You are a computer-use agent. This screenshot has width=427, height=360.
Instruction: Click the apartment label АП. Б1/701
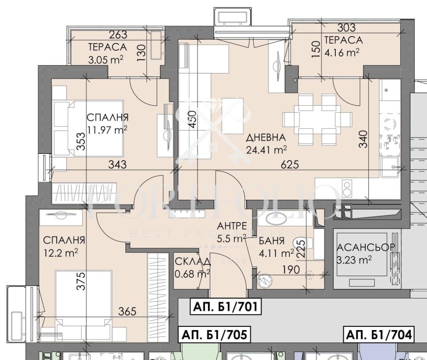[225, 307]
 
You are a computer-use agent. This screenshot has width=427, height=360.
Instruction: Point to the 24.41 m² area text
[266, 149]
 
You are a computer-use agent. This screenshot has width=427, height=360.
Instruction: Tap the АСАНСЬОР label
[366, 248]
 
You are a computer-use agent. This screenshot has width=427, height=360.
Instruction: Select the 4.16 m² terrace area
[341, 52]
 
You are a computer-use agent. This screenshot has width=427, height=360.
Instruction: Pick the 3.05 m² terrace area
[106, 59]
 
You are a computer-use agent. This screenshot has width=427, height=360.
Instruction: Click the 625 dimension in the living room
[287, 165]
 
